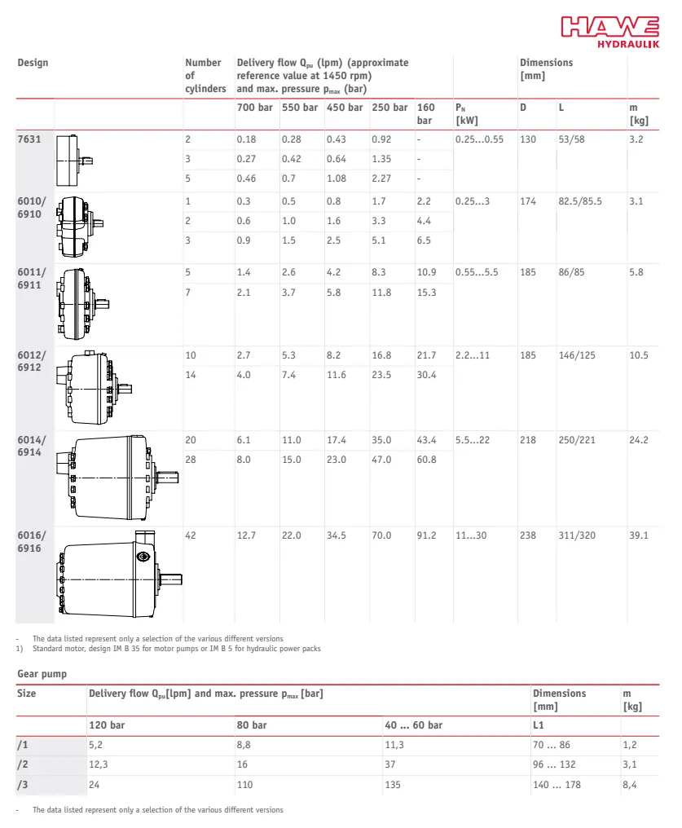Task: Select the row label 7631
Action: (29, 139)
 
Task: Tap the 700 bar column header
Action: (254, 108)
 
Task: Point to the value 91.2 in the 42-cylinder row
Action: (426, 535)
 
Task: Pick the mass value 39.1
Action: (639, 535)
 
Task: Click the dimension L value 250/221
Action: (578, 440)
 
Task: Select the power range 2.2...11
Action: (473, 355)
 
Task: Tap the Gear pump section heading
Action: (42, 674)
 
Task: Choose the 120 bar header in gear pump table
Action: (106, 724)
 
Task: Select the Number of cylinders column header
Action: (205, 75)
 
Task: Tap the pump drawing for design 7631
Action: (74, 160)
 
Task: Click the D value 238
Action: (528, 535)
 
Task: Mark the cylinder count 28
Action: (191, 460)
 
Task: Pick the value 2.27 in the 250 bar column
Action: (381, 178)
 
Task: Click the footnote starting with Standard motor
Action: (176, 650)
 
